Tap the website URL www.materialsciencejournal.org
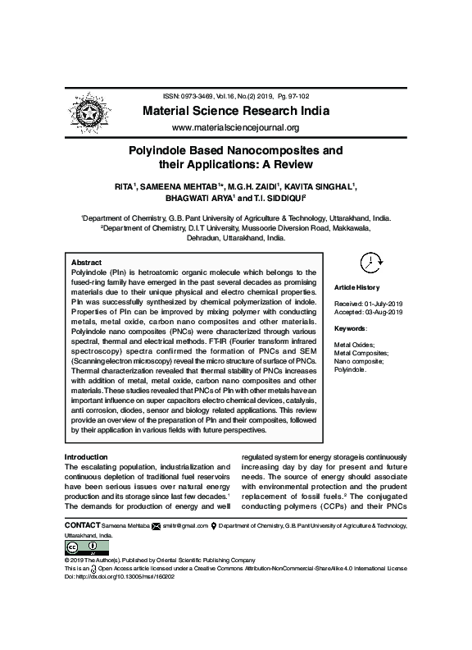[x=235, y=128]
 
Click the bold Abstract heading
[x=87, y=262]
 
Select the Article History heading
[x=357, y=287]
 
